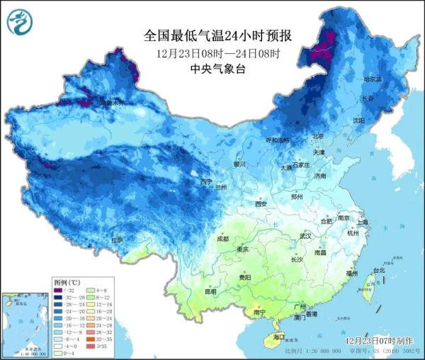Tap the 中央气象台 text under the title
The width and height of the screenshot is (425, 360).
pyautogui.click(x=212, y=69)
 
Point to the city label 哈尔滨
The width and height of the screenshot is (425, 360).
pyautogui.click(x=373, y=79)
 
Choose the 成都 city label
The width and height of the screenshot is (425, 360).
pyautogui.click(x=222, y=239)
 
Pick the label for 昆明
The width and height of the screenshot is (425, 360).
pyautogui.click(x=210, y=291)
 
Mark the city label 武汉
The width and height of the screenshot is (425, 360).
pyautogui.click(x=306, y=235)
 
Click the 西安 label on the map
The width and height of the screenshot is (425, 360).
pyautogui.click(x=260, y=204)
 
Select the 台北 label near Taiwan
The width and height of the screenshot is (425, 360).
pyautogui.click(x=378, y=270)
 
